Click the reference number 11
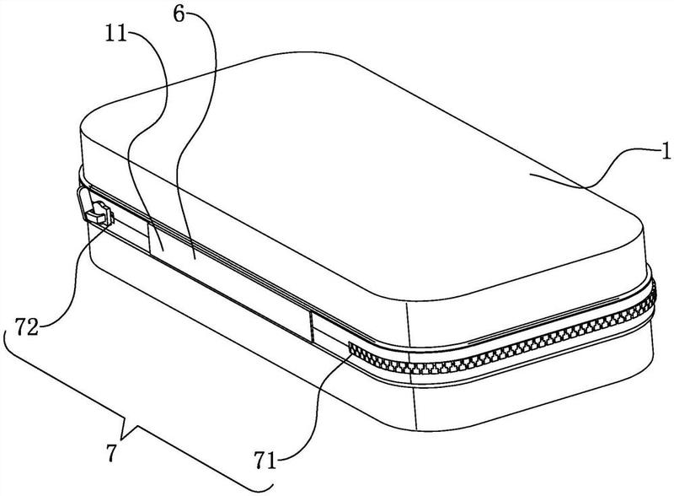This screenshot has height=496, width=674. [x=116, y=34]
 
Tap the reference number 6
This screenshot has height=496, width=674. [x=179, y=14]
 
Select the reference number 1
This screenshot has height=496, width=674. [x=666, y=152]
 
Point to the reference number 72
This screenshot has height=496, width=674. [x=27, y=327]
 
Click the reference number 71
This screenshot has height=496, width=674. [x=265, y=461]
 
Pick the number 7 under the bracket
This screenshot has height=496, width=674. [x=111, y=453]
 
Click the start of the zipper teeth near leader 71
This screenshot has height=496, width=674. [x=351, y=347]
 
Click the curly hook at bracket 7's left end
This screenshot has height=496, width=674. [x=8, y=340]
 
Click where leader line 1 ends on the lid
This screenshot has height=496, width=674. [x=530, y=175]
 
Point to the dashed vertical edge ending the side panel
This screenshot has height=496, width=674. [x=312, y=327]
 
